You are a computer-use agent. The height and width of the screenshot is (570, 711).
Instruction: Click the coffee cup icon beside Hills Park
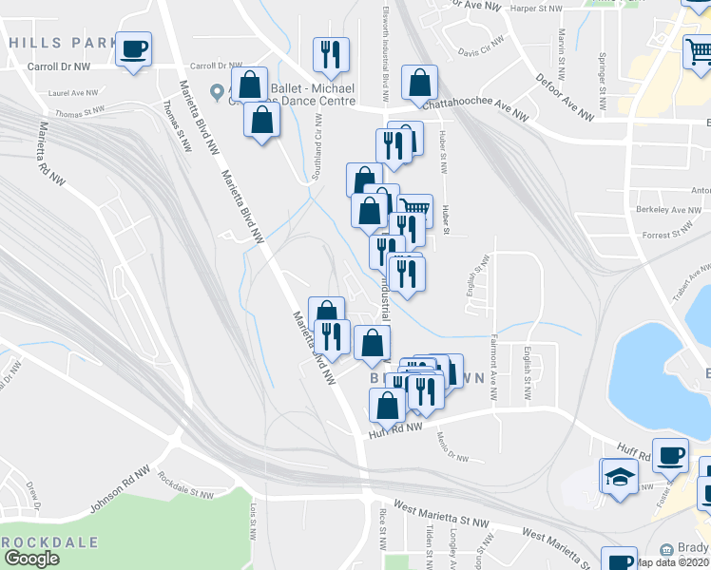point(133,47)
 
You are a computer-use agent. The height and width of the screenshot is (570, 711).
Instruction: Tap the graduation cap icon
point(618,476)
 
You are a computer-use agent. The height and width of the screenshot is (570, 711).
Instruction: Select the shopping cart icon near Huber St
point(414,208)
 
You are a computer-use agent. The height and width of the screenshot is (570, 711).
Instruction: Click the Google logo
point(31,559)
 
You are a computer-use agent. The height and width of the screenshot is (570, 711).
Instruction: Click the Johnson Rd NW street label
point(120,490)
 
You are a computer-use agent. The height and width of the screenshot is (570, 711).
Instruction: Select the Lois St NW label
point(253,522)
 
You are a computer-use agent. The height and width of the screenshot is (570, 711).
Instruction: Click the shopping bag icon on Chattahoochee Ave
point(419,84)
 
